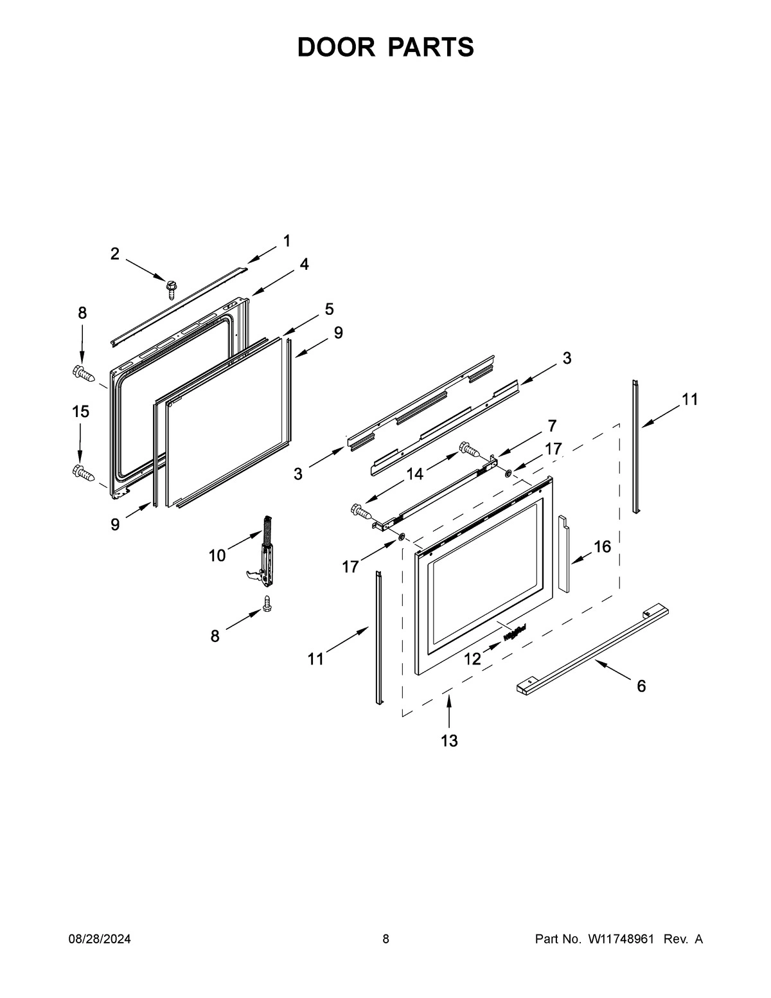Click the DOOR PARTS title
click(x=385, y=47)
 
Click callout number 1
click(x=287, y=241)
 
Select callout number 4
click(x=304, y=263)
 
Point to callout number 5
click(x=329, y=309)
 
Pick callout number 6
click(x=641, y=686)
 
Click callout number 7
click(x=552, y=425)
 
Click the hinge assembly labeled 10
click(x=265, y=552)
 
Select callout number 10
click(x=217, y=555)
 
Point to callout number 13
click(x=449, y=740)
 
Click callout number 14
click(x=415, y=474)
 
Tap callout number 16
click(x=602, y=547)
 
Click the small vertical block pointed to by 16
click(x=563, y=553)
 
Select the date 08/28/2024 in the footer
click(x=100, y=939)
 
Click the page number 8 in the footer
click(x=385, y=939)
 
